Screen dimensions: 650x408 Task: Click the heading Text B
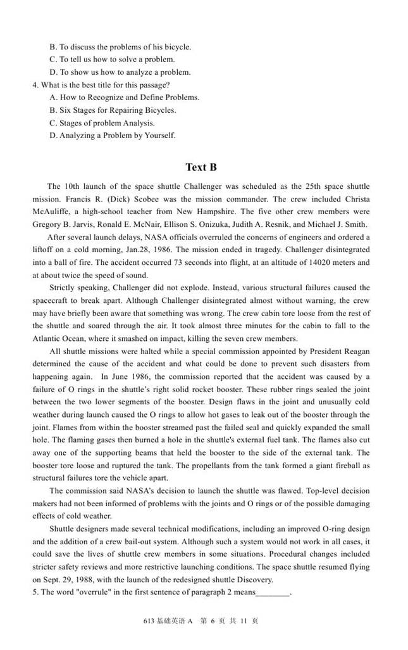coord(201,167)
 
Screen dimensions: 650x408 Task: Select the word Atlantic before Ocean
coord(47,338)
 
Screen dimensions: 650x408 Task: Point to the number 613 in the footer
coord(150,621)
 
